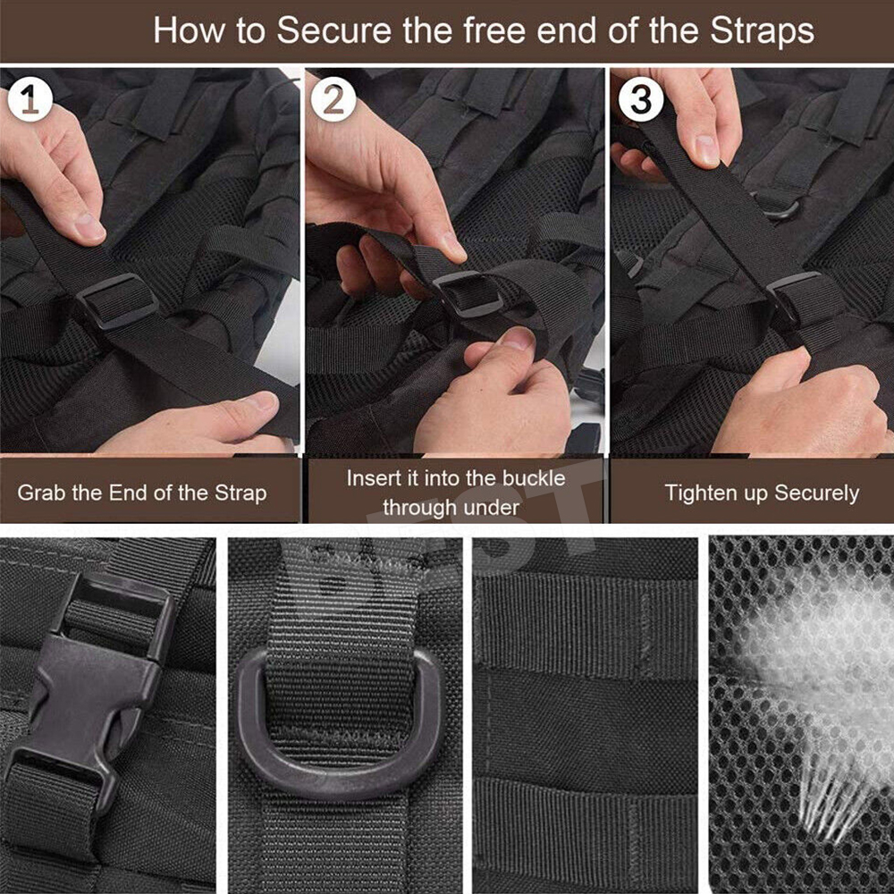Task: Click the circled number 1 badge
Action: [x=30, y=98]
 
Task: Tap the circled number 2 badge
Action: [x=333, y=98]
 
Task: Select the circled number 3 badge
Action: [x=641, y=98]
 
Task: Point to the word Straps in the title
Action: [x=762, y=31]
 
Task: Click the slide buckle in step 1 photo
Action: [x=117, y=300]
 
